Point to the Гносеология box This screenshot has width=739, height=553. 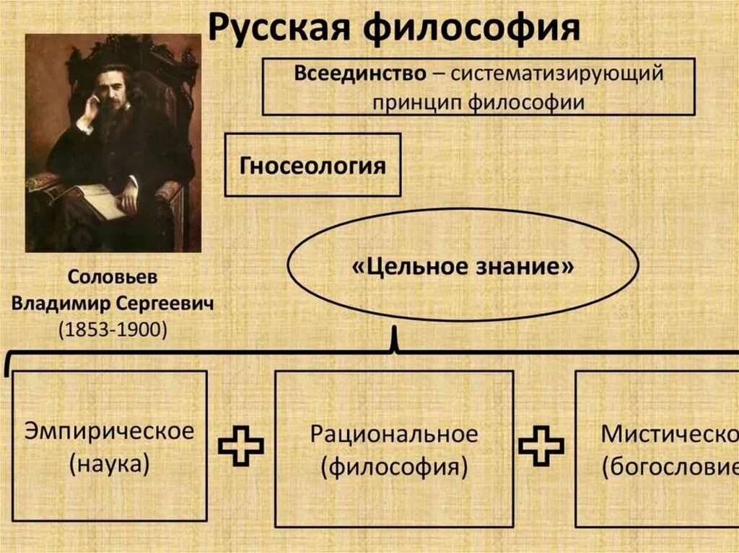(312, 165)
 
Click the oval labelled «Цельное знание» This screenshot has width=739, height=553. (463, 267)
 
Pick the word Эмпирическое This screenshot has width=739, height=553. (110, 432)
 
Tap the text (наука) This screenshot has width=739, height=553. (110, 464)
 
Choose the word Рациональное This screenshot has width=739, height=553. (394, 435)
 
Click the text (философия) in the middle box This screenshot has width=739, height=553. (394, 466)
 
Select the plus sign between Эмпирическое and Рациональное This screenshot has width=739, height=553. (241, 446)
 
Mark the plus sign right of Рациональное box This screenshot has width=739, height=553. (541, 446)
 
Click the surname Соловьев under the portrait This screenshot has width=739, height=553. (112, 278)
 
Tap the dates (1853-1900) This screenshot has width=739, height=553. (112, 329)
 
